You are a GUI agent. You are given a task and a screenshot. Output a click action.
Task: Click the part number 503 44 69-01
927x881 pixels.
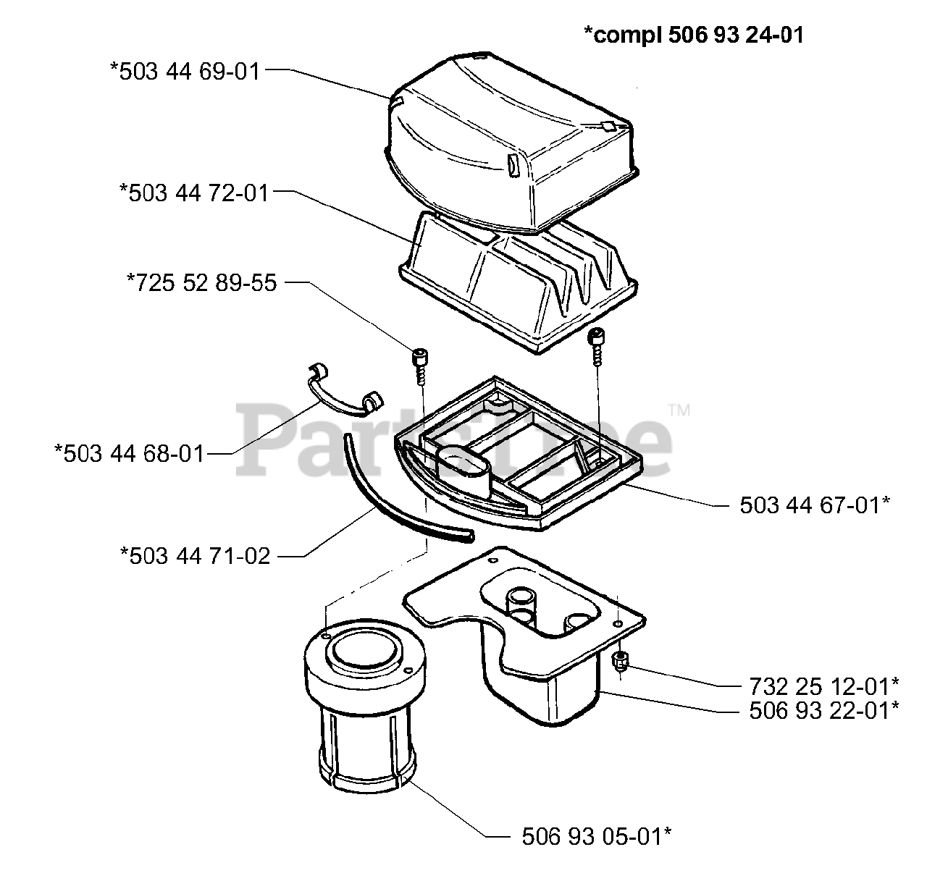click(x=185, y=72)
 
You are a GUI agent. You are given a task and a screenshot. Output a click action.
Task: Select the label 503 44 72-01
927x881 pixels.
click(x=193, y=193)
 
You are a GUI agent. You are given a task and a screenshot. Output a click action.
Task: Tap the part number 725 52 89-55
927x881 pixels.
click(x=202, y=283)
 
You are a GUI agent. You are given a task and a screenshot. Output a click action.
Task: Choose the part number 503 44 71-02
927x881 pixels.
click(x=195, y=556)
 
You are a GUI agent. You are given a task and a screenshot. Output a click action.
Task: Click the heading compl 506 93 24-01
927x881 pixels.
click(x=694, y=35)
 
